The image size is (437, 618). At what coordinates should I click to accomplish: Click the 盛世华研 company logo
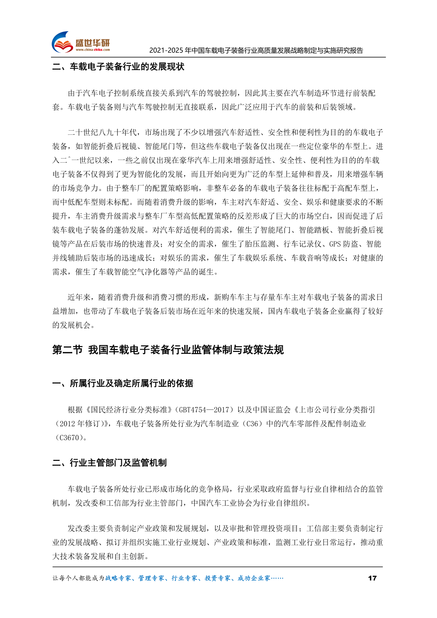tap(81, 42)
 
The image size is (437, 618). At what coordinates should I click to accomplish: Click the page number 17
tap(372, 578)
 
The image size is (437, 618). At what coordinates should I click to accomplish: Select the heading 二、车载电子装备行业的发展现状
tap(118, 67)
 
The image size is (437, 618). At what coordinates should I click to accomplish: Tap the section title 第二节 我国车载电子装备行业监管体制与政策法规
tap(168, 350)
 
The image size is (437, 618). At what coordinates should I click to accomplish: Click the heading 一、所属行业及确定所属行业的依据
tap(123, 383)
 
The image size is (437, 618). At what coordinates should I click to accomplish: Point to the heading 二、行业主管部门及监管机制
tap(109, 463)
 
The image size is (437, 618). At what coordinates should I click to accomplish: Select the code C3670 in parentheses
tap(69, 438)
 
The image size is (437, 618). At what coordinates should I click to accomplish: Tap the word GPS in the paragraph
tap(335, 244)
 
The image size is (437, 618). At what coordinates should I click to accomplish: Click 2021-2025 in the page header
tap(166, 51)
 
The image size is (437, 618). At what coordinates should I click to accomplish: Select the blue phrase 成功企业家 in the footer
tap(254, 578)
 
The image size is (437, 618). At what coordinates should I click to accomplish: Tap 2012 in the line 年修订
tap(67, 424)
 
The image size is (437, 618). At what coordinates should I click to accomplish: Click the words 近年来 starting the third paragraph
tap(79, 297)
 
